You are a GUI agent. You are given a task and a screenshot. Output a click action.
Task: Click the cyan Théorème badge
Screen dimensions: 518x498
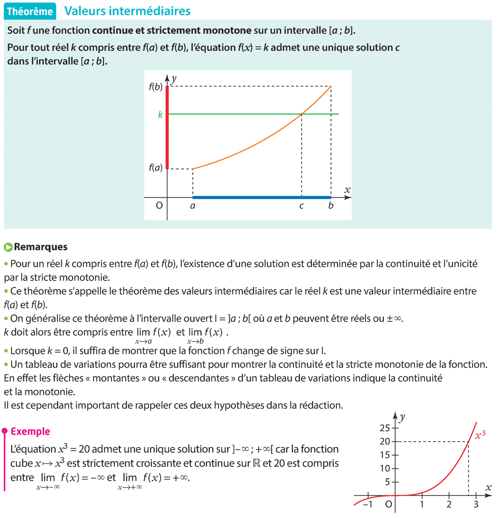[30, 12]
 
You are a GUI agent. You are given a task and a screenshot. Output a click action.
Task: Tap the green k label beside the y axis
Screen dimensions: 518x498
[160, 115]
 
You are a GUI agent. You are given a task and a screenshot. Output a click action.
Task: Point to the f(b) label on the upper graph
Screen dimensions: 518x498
[156, 87]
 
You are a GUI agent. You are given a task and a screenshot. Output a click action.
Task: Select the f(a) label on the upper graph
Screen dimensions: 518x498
[156, 168]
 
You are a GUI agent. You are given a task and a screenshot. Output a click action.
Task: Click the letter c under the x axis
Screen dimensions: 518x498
[301, 206]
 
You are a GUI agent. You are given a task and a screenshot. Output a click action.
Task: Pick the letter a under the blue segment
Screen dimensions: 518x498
[193, 206]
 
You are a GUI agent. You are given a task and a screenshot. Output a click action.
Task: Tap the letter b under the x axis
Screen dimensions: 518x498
[331, 206]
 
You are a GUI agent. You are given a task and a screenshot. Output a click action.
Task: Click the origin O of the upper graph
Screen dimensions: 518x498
[159, 205]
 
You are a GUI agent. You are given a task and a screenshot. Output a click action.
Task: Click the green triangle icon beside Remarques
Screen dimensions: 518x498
[8, 247]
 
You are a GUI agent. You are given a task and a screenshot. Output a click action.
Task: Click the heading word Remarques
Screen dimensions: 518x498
[41, 247]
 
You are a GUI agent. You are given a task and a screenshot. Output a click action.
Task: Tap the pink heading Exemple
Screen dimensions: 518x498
[30, 432]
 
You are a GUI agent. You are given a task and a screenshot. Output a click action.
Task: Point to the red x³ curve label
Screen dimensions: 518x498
[480, 435]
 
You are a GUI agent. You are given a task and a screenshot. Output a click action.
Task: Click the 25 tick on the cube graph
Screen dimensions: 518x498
[385, 428]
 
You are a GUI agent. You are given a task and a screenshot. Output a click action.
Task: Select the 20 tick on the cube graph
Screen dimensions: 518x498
[385, 442]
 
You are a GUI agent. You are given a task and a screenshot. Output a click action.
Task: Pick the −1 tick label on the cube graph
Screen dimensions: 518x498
[367, 505]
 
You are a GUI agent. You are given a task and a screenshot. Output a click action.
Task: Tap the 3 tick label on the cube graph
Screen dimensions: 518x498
[476, 505]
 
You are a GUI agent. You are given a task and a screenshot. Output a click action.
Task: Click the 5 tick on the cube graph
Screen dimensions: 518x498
[388, 482]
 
